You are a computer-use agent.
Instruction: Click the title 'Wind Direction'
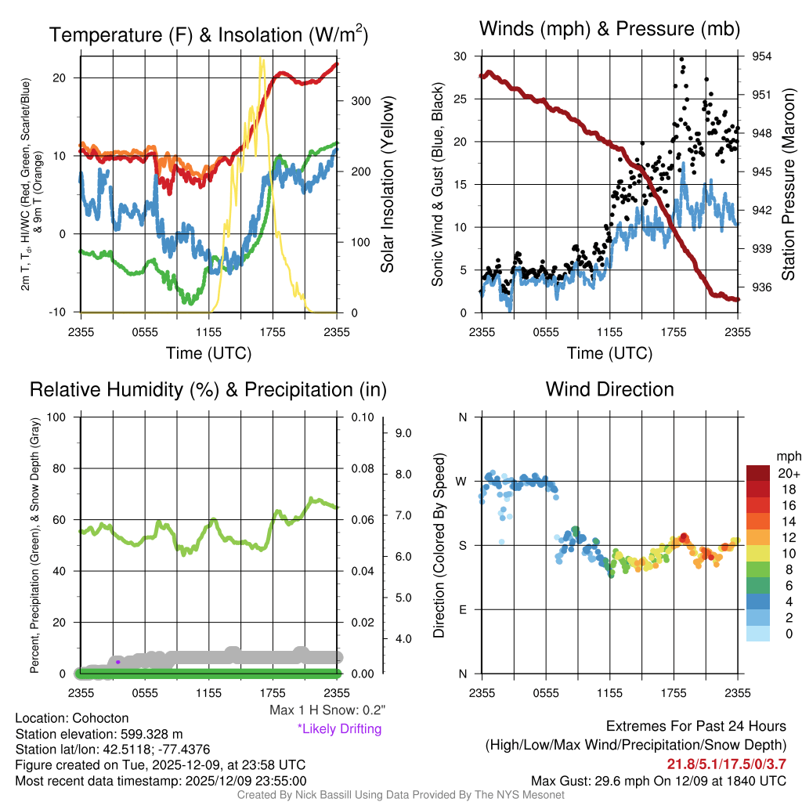click(609, 389)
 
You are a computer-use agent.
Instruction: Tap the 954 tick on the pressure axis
click(762, 56)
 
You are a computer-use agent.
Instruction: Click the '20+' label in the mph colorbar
click(789, 474)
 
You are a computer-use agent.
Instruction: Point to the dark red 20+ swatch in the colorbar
click(760, 473)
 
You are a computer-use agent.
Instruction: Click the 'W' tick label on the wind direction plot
click(462, 481)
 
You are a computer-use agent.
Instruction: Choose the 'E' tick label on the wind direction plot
click(463, 609)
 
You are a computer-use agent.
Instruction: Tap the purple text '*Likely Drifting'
click(339, 728)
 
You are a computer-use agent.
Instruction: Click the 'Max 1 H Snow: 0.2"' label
click(327, 710)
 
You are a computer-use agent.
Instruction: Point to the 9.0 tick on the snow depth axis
click(402, 432)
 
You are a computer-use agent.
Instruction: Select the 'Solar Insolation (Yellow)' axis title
click(387, 184)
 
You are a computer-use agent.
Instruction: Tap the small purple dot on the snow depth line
click(117, 662)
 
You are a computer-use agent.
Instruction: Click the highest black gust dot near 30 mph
click(682, 59)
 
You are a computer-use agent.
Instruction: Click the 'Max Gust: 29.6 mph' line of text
click(658, 781)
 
